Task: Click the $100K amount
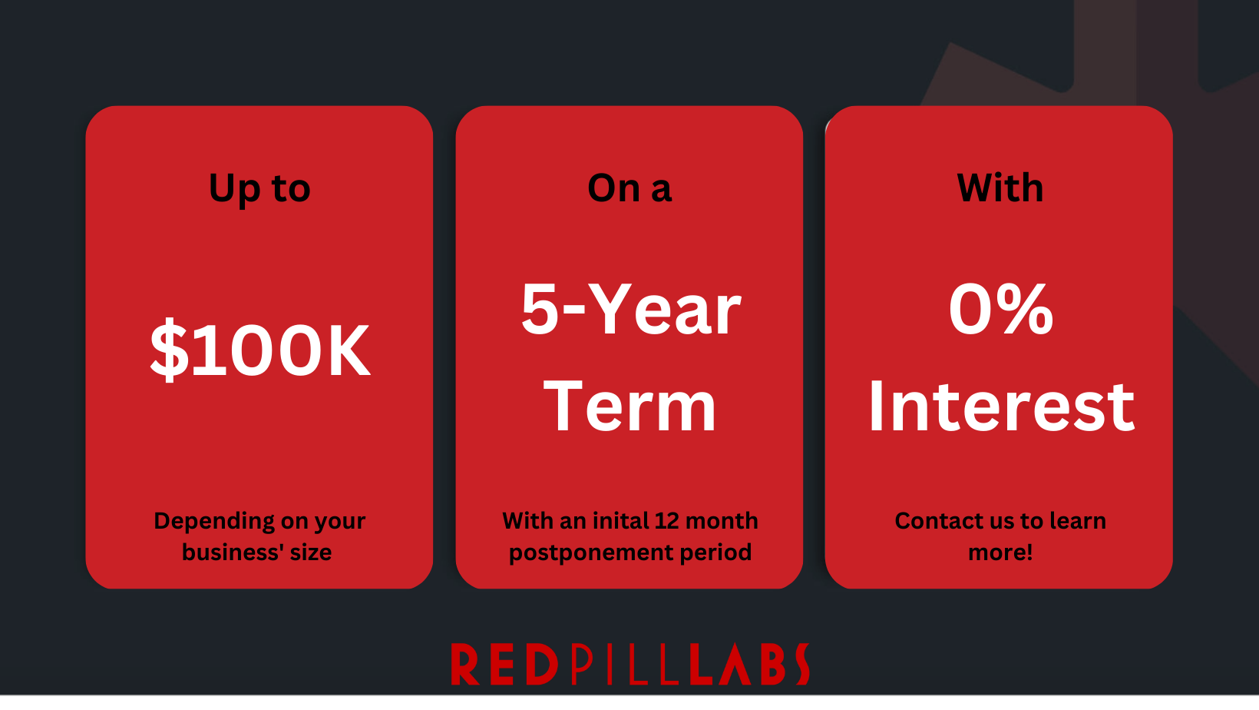coord(259,350)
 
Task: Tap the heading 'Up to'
coord(259,188)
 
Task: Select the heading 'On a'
coord(629,188)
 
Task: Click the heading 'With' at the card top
coord(1000,187)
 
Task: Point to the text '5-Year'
coord(630,309)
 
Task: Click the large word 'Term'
coord(629,406)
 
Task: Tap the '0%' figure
coord(1000,309)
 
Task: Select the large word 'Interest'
coord(1001,406)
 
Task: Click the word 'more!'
coord(1000,552)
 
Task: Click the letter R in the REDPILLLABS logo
coord(464,665)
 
